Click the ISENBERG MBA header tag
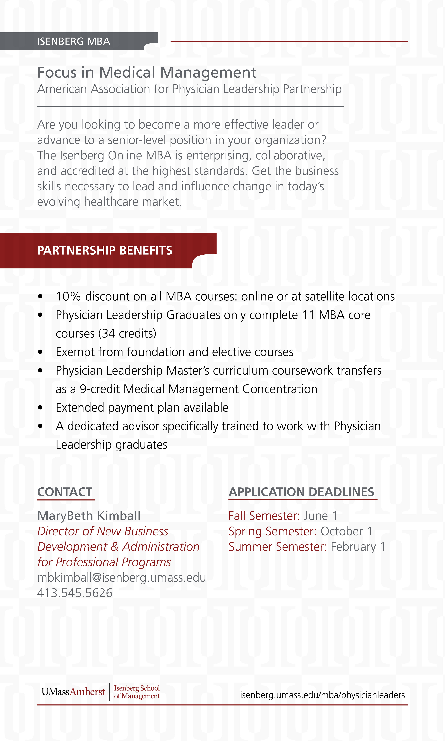(74, 41)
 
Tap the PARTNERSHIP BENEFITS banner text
(105, 250)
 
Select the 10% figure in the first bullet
(68, 297)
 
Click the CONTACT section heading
(65, 492)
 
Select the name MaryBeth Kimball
(89, 516)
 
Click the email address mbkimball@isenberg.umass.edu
(121, 578)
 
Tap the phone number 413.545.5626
(75, 593)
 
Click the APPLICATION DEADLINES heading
(301, 492)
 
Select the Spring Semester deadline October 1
(346, 531)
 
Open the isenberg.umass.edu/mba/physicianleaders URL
(322, 695)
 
